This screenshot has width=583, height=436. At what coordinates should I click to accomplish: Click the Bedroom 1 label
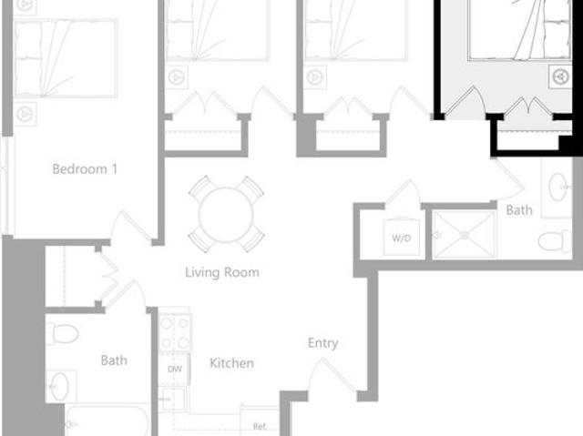[86, 168]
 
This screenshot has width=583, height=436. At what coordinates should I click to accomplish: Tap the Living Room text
[222, 271]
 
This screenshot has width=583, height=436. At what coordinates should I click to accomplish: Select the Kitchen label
[231, 363]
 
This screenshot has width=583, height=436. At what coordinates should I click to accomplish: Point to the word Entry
[322, 343]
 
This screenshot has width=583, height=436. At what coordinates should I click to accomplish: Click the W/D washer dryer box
[401, 238]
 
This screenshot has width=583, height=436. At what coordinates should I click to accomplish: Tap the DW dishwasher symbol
[174, 370]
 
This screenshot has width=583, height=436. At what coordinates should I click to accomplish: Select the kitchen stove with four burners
[175, 333]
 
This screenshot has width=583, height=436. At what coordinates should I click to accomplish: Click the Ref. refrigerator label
[259, 426]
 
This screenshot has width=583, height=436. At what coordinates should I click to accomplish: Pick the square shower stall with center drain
[464, 235]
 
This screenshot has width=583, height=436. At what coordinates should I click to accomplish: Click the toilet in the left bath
[62, 333]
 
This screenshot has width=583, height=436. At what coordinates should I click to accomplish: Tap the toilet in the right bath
[554, 240]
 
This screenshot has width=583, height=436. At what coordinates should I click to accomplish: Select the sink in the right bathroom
[557, 188]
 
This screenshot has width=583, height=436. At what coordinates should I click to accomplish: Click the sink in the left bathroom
[61, 386]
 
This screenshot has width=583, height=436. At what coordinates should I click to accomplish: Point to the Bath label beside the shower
[519, 210]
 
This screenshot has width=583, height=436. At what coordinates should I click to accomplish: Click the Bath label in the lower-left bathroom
[114, 360]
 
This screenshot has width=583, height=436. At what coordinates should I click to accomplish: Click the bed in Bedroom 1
[66, 57]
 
